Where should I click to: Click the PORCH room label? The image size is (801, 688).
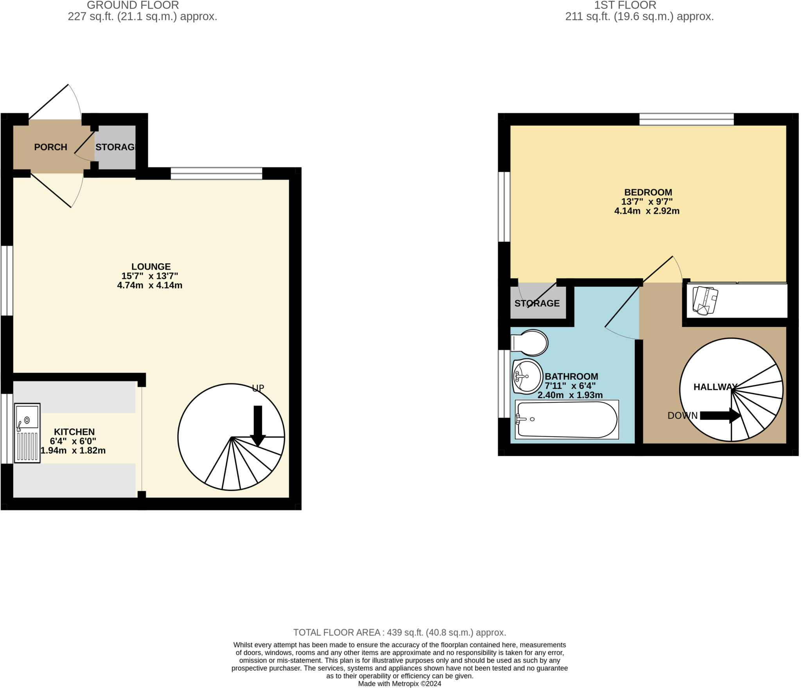(x=50, y=147)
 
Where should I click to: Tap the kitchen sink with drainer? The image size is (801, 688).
(x=27, y=433)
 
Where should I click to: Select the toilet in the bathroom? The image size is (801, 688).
(x=530, y=343)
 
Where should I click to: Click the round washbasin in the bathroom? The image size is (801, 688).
(x=528, y=376)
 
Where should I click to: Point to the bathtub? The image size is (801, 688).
(x=567, y=420)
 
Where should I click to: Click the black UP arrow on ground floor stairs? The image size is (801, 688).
(x=258, y=426)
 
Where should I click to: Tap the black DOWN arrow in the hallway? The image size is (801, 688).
(x=720, y=415)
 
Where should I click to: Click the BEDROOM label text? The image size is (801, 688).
(x=648, y=192)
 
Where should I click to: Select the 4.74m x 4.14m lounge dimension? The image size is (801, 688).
(x=150, y=285)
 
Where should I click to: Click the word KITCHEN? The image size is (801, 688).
(x=74, y=432)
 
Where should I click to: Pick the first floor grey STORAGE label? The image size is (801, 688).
(x=537, y=303)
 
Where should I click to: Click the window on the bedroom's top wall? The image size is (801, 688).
(x=686, y=119)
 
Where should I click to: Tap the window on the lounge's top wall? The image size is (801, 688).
(x=216, y=173)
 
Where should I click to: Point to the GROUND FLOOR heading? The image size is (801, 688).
(x=133, y=5)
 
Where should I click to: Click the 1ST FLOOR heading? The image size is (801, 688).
(x=625, y=5)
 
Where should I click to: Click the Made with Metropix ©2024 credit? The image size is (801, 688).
(x=400, y=684)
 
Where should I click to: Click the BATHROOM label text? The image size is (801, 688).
(x=571, y=376)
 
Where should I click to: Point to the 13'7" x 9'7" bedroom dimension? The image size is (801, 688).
(x=647, y=202)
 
